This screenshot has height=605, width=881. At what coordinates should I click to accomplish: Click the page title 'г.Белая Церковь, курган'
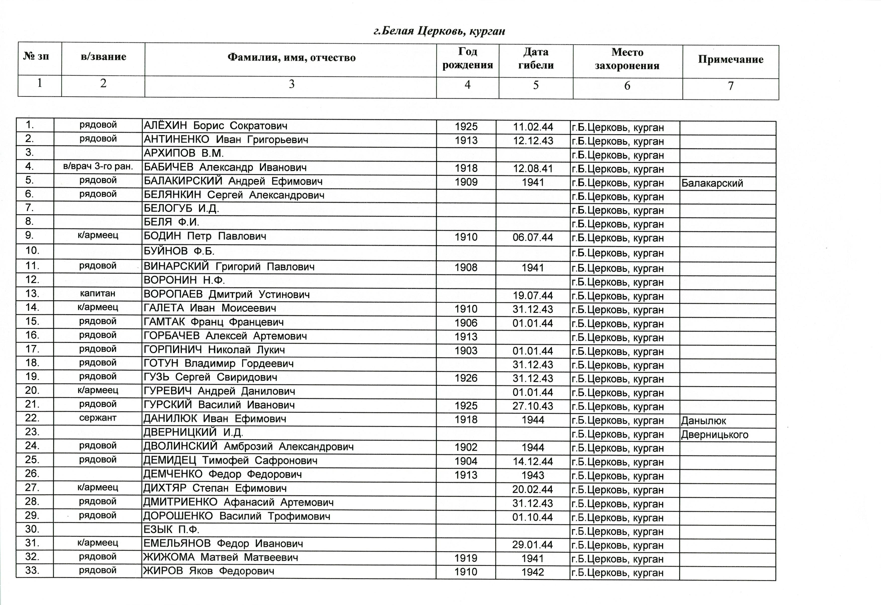(439, 31)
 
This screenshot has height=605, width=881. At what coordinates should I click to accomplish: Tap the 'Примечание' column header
(730, 59)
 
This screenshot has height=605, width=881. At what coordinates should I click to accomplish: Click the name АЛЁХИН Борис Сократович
(215, 126)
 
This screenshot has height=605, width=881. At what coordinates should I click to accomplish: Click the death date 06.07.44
(533, 238)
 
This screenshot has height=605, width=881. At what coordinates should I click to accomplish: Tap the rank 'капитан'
(98, 293)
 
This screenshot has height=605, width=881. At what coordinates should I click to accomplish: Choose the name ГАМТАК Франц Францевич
(213, 322)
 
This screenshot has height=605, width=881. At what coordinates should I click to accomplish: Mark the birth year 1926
(466, 378)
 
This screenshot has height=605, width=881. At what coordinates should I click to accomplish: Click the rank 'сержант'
(98, 418)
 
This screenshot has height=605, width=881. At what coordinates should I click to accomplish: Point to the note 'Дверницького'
(715, 434)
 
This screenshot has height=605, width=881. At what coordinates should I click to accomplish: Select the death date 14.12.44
(533, 462)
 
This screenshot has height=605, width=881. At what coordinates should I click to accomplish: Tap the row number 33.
(32, 570)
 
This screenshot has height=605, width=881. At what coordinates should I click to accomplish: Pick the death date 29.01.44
(532, 545)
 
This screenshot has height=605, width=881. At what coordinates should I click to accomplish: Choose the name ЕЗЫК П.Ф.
(171, 529)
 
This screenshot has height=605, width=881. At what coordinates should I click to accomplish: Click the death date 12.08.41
(533, 169)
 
